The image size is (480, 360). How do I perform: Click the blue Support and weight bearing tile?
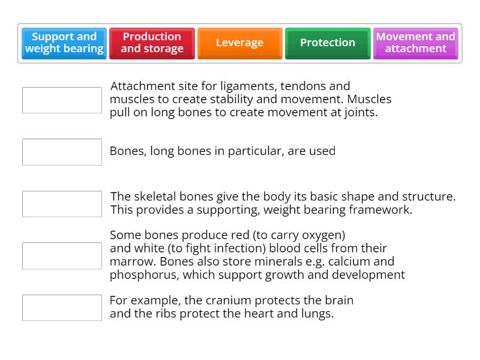(x=64, y=43)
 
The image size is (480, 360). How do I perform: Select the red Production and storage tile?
(x=152, y=43)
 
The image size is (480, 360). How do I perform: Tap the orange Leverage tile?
(x=239, y=43)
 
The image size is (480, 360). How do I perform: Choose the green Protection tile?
(x=328, y=43)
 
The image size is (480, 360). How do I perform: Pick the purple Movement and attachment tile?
(x=415, y=43)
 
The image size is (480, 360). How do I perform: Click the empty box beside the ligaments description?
(x=62, y=100)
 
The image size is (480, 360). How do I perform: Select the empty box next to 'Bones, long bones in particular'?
(x=62, y=152)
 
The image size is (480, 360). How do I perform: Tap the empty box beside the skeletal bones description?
(x=62, y=204)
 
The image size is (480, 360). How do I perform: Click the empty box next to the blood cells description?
(x=62, y=256)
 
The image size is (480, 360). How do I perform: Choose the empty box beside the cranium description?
(x=62, y=307)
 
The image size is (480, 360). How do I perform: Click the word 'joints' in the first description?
(x=359, y=112)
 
